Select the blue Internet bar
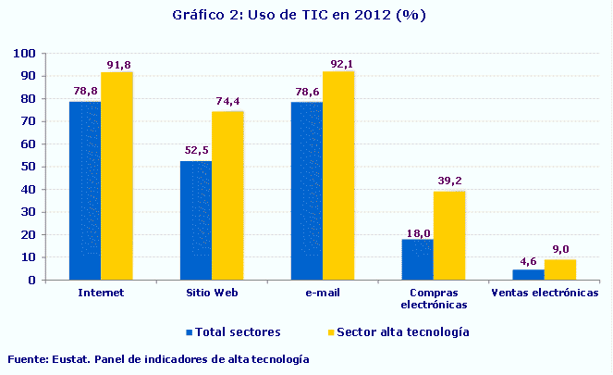(85, 190)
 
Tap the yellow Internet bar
(116, 176)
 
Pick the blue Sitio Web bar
(195, 220)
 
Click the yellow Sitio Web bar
(227, 195)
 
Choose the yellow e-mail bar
(338, 175)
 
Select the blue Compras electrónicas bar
(417, 259)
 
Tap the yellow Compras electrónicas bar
(449, 235)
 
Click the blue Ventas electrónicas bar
(528, 274)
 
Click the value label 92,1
(338, 64)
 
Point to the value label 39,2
(449, 183)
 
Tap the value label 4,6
(528, 262)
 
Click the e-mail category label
(323, 293)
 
